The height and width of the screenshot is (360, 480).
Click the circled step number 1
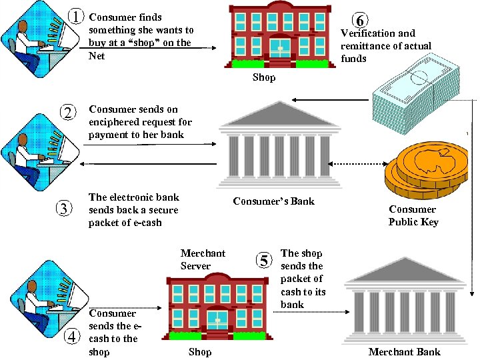(78, 15)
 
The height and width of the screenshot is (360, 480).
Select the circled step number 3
(64, 209)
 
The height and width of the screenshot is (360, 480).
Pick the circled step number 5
(265, 260)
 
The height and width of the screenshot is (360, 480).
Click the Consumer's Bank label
(273, 201)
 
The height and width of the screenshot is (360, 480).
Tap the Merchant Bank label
(405, 352)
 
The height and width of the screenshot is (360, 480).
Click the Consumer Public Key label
(413, 215)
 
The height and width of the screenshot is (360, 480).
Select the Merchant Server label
(203, 259)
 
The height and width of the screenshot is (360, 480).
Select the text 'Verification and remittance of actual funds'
(385, 45)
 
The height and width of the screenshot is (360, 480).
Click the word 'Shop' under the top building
(263, 78)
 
